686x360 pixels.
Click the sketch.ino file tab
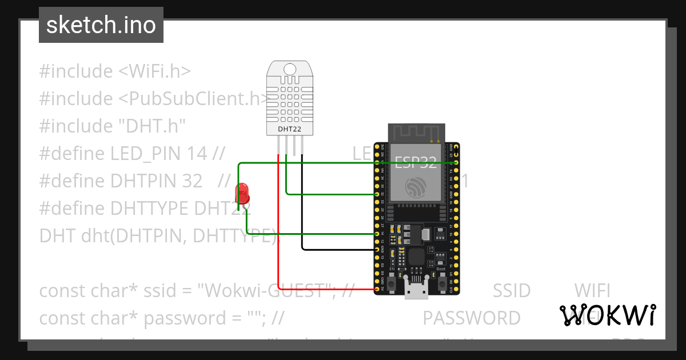101,25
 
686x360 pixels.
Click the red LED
242,193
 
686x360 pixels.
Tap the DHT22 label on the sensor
289,130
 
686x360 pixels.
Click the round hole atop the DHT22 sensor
290,70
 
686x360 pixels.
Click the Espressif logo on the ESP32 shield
416,188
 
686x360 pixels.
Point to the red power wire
278,229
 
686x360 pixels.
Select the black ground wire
302,217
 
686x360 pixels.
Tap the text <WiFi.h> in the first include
154,71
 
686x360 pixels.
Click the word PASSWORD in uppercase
472,318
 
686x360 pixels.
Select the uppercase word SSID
512,291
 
